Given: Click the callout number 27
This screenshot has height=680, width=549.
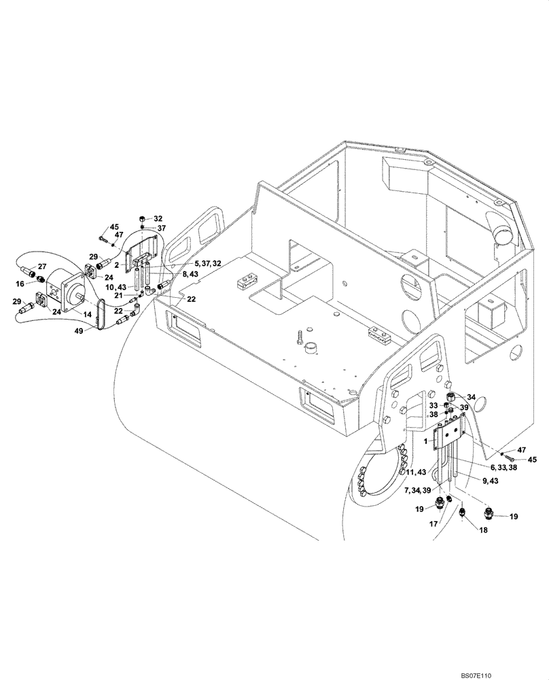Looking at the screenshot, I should click(42, 267).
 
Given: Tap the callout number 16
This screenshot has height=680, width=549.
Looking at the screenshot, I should click(21, 283).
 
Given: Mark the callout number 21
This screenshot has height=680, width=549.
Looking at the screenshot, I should click(118, 296).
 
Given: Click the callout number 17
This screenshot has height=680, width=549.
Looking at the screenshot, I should click(433, 524).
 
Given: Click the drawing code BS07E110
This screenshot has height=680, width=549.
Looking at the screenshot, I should click(518, 675).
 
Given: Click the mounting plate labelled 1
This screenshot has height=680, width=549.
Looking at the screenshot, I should click(447, 432).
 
